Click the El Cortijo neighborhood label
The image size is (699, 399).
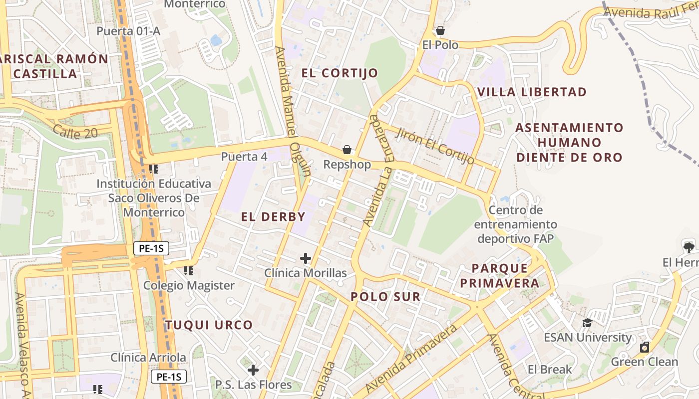point(340,73)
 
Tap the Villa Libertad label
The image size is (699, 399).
point(532,92)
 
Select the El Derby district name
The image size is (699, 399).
point(273,216)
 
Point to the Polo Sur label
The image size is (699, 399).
point(385,297)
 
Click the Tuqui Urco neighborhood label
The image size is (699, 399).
point(209,325)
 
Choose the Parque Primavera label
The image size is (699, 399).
point(499,276)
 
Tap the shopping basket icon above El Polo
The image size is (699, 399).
point(440,31)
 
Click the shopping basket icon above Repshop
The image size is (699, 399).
point(347,150)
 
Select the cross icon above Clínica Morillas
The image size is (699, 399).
point(306,258)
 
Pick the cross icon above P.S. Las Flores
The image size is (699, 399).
point(253,370)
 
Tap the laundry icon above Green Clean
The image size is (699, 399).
point(645,347)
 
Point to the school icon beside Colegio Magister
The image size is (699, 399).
point(189,271)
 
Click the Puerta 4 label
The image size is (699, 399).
point(244,157)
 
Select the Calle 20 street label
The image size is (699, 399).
point(75,131)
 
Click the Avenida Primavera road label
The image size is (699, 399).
point(411,359)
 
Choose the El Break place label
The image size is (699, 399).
point(550,370)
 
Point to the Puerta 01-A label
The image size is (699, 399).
point(128,31)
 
